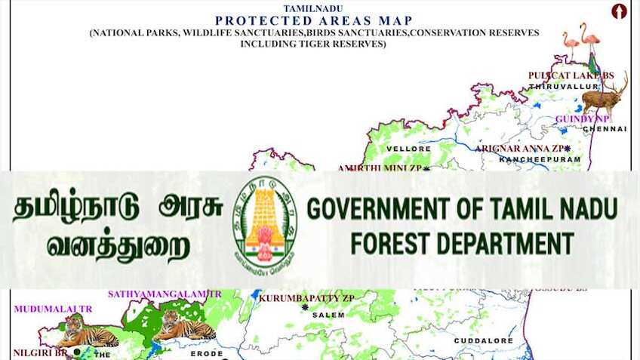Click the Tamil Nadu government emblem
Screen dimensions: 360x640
(264, 223)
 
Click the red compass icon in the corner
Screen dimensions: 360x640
(619, 11)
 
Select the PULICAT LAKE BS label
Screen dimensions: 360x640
(571, 75)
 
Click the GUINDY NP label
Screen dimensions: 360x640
(582, 119)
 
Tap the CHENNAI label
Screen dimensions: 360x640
(605, 129)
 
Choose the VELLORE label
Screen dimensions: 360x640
(408, 149)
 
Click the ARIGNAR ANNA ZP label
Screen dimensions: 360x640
(520, 149)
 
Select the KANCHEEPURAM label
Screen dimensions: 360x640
(540, 160)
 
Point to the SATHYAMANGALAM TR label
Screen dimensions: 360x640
(165, 294)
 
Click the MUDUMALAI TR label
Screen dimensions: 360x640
(53, 309)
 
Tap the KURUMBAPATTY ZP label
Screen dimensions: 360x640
(306, 298)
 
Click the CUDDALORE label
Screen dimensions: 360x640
(483, 341)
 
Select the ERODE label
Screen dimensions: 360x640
(206, 353)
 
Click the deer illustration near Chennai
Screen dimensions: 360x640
(604, 94)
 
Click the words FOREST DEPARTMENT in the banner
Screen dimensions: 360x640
(462, 243)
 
